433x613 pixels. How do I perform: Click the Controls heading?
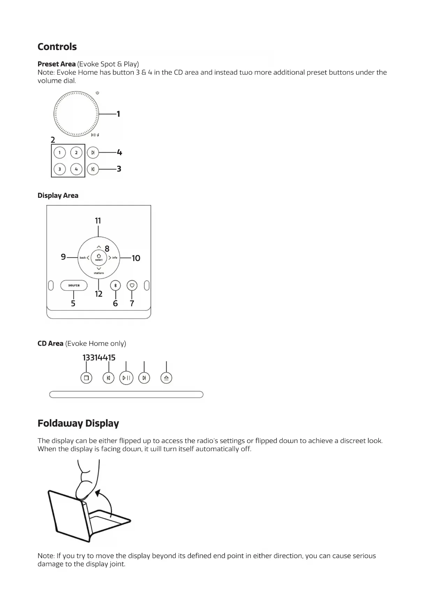coord(57,47)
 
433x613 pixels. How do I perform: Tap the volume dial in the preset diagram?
coord(76,114)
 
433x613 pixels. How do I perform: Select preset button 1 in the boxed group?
coord(60,153)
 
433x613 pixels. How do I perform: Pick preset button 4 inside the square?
coord(76,170)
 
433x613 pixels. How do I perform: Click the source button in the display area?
coord(74,286)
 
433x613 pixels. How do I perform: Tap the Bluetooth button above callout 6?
coord(115,286)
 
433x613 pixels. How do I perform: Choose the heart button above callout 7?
coord(132,286)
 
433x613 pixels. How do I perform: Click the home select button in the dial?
coord(99,257)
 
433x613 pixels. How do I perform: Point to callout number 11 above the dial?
coord(98,221)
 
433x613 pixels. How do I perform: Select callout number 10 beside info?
coord(136,258)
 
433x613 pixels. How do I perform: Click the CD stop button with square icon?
coord(86,378)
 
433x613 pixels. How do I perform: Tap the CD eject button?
coord(166,378)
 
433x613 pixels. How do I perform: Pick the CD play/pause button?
coord(126,378)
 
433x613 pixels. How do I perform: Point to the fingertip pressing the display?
coord(82,491)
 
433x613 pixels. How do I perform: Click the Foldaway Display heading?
coord(78,424)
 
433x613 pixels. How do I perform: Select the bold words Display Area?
coord(58,196)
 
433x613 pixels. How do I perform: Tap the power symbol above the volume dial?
coord(97,93)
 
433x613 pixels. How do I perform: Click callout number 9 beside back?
coord(63,257)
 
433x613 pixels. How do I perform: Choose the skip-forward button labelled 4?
coord(93,153)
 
